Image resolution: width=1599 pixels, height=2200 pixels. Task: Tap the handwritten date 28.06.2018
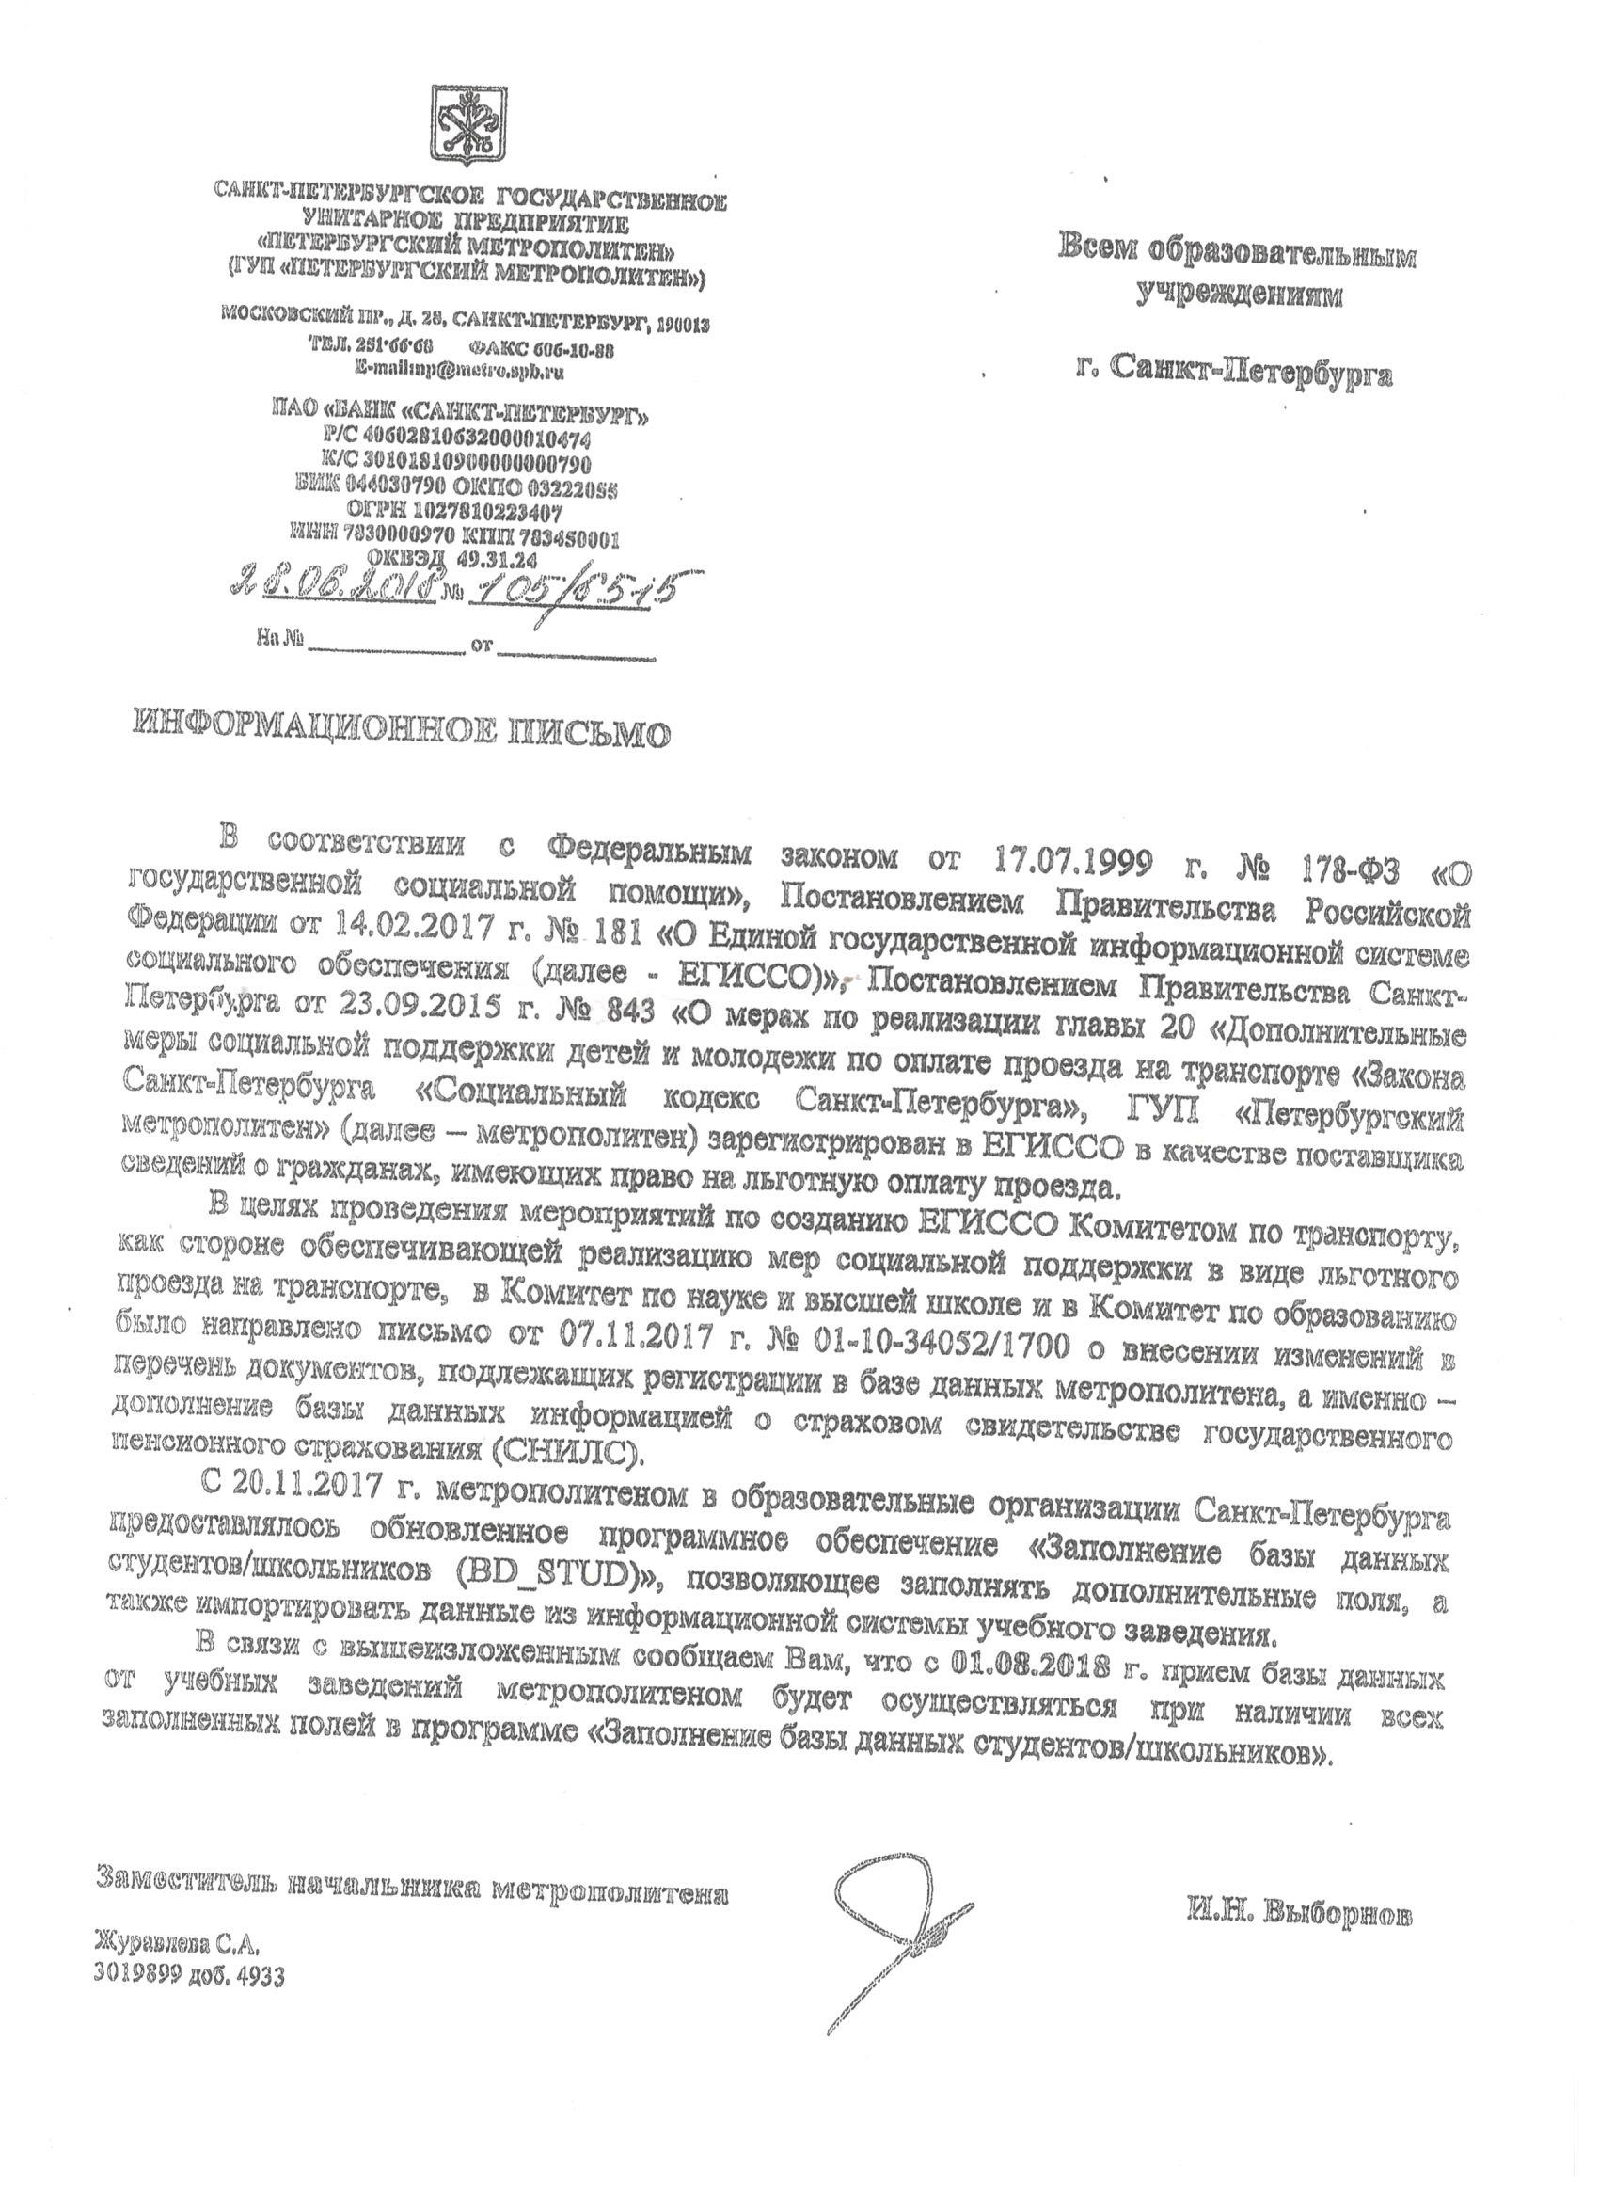333,583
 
